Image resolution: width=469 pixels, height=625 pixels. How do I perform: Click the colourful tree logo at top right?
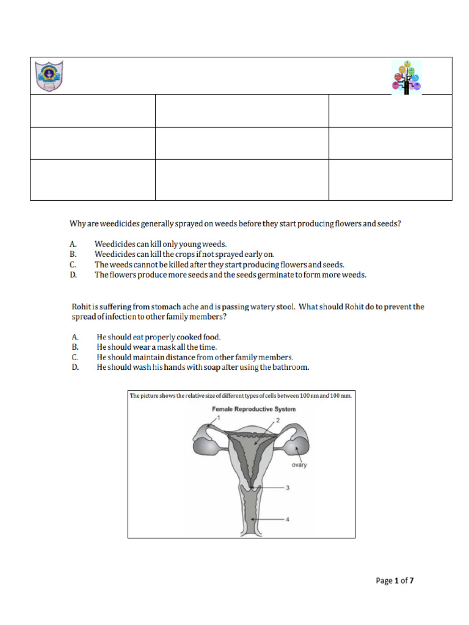[407, 78]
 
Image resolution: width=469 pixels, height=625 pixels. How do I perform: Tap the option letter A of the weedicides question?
[73, 244]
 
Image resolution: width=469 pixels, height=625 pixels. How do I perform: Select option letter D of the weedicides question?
[73, 275]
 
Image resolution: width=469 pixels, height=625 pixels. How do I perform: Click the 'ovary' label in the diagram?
[299, 464]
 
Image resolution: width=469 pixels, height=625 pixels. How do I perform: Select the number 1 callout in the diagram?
[218, 416]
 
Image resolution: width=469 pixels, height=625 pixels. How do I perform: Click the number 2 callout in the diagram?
[277, 421]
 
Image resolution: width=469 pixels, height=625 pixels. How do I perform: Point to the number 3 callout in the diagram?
[287, 488]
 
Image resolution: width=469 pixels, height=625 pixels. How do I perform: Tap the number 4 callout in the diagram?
[287, 519]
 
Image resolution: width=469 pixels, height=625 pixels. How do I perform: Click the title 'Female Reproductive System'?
[253, 409]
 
